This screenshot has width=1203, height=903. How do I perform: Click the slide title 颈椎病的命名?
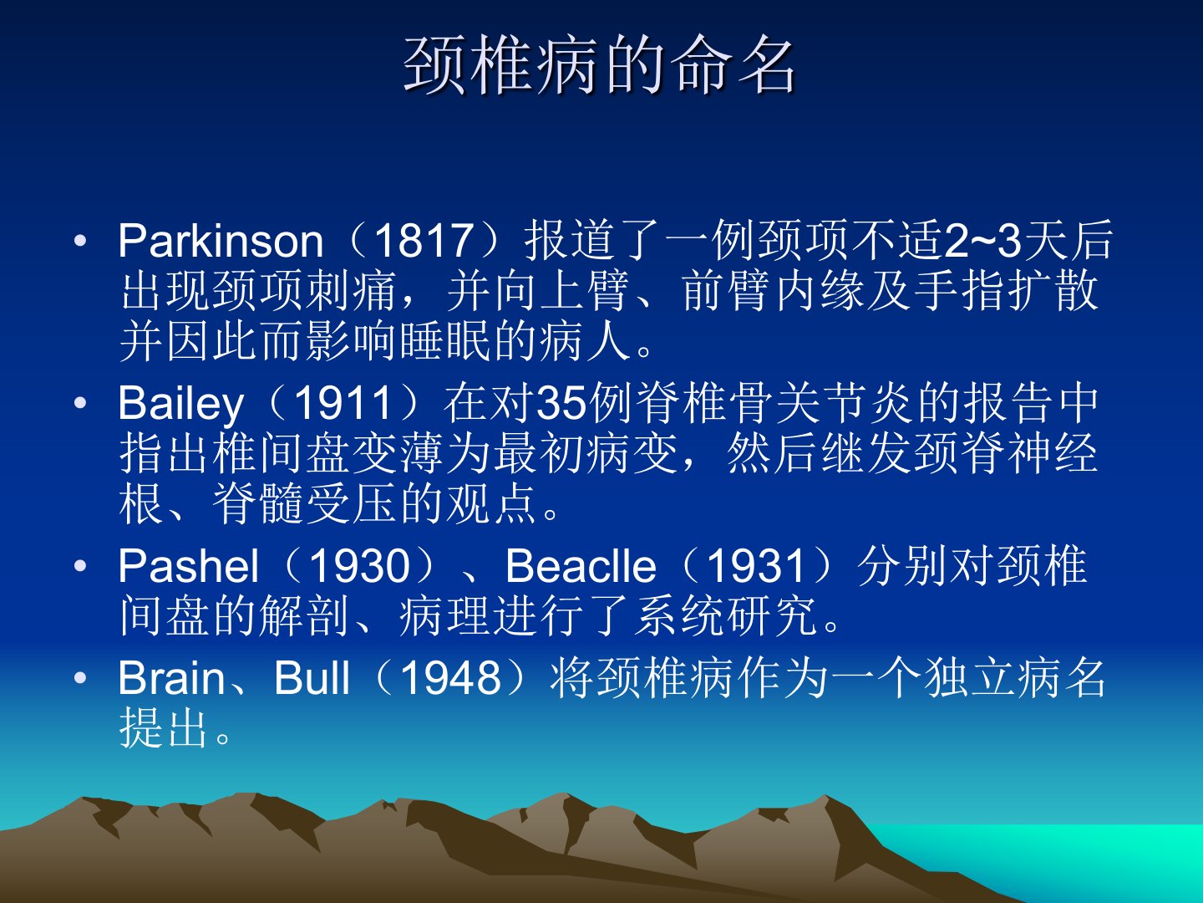coord(599,65)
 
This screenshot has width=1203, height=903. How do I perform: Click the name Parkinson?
coord(221,241)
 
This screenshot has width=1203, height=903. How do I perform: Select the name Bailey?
coord(180,404)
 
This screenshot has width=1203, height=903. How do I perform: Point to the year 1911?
coord(343,403)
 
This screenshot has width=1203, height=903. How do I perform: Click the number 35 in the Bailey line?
coord(560,403)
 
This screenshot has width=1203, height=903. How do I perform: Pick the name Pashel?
coord(189,566)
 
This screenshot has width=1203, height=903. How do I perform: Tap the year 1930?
coord(360,566)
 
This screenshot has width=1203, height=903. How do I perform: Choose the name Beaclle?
coord(581,566)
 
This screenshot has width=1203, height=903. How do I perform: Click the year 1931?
coord(757,566)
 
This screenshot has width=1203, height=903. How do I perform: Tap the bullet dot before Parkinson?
coord(80,241)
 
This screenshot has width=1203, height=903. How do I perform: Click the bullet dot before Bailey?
coord(80,403)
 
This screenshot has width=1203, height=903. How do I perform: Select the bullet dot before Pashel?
coord(80,566)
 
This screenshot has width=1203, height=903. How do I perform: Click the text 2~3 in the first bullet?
coord(983,241)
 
